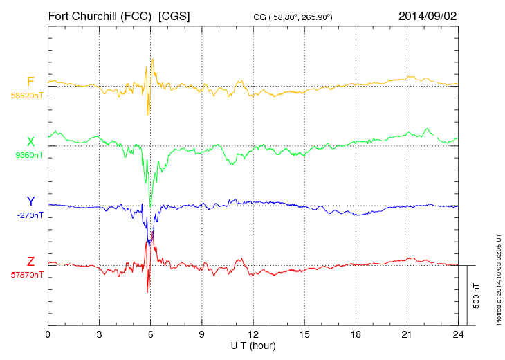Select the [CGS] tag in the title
174,15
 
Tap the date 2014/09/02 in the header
427,15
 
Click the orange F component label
30,82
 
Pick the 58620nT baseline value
27,96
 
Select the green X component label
30,143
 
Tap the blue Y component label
30,201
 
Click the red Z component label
30,262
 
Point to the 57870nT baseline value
27,275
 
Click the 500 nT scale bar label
477,295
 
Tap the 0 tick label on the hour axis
48,334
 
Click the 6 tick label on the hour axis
150,334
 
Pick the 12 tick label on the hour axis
253,334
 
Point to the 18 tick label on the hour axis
356,334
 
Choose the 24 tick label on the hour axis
458,334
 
